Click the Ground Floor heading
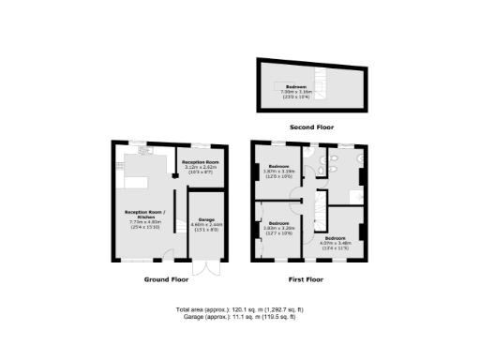click(x=167, y=279)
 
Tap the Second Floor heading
click(x=313, y=127)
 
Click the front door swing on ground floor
click(x=166, y=251)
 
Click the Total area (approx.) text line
click(x=239, y=309)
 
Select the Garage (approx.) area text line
click(x=239, y=317)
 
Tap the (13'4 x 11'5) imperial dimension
click(x=335, y=248)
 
